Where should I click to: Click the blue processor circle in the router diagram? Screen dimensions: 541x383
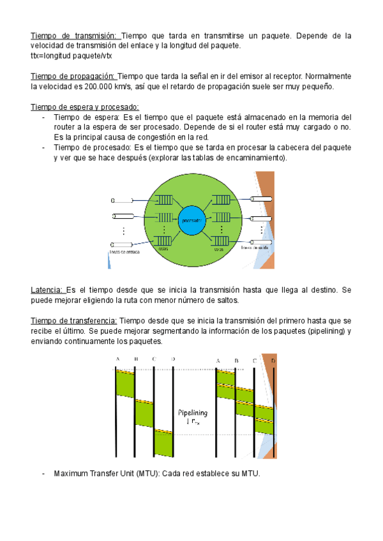tap(191, 221)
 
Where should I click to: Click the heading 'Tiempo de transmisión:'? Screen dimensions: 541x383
tap(75, 36)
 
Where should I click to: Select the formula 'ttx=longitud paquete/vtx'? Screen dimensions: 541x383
tap(71, 56)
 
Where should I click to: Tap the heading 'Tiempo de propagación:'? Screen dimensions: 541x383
tap(73, 76)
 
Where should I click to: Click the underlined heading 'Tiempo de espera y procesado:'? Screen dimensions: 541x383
tap(84, 107)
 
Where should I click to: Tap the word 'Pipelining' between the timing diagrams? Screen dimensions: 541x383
tap(192, 413)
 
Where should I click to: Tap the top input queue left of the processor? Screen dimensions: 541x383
tap(163, 200)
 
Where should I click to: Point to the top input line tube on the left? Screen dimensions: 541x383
tap(123, 200)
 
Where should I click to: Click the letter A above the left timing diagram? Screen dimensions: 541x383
tap(117, 359)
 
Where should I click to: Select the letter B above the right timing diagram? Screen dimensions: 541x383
tap(236, 360)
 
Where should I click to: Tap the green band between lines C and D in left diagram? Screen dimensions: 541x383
tap(163, 443)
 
